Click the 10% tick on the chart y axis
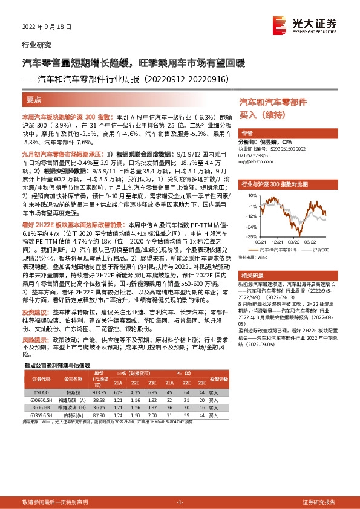(x=250, y=195)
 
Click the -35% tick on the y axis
(x=249, y=237)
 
